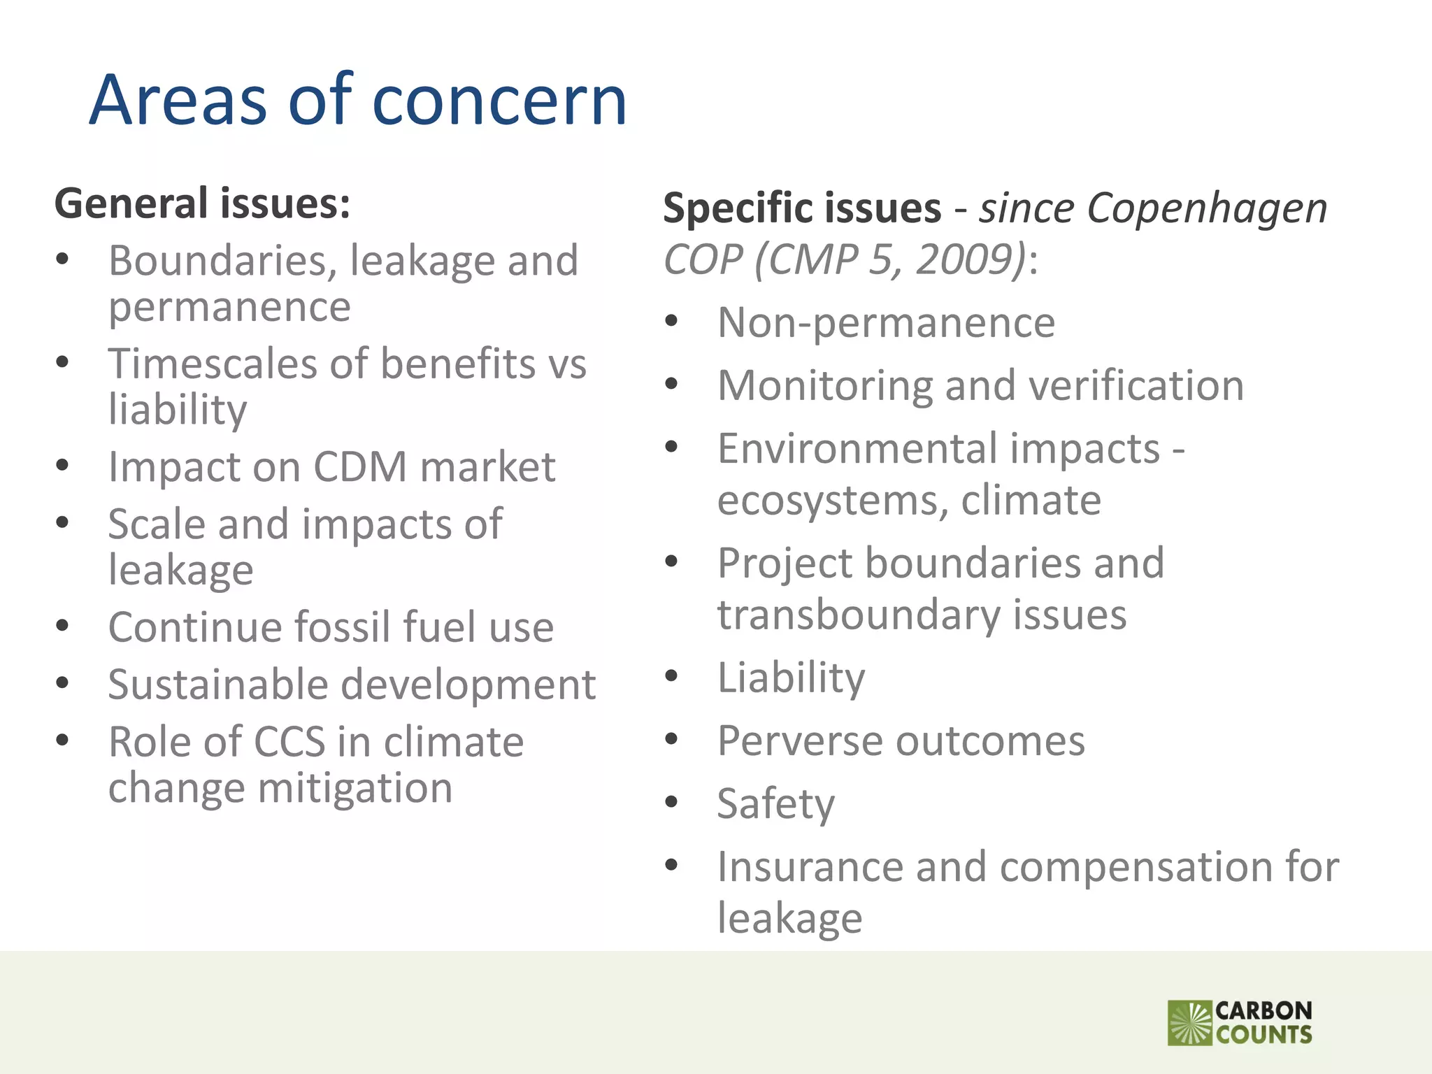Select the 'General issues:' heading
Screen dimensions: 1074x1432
[x=203, y=203]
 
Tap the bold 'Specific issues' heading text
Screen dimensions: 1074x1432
[x=802, y=208]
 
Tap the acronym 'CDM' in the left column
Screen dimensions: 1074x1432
[x=360, y=466]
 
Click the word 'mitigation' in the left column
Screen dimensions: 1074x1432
[x=355, y=788]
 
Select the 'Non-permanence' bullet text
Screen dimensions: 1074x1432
[x=886, y=322]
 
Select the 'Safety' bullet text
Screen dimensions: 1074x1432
[x=776, y=803]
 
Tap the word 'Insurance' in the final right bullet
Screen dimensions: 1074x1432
[x=810, y=867]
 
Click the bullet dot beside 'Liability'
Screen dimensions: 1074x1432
[x=672, y=676]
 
